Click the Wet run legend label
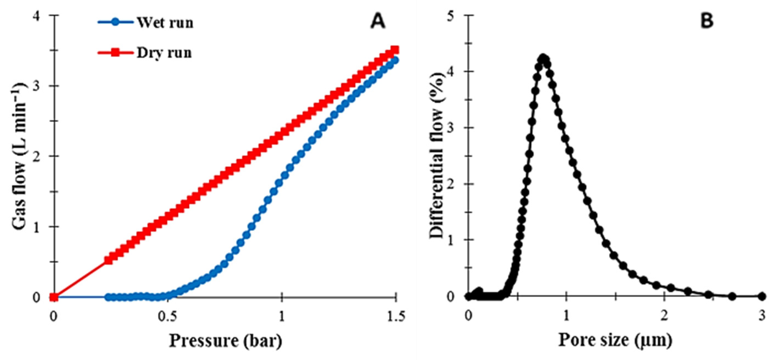165,23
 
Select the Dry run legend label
164,53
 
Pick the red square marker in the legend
115,53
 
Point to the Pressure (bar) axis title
226,341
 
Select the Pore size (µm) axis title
615,340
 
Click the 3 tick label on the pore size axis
762,317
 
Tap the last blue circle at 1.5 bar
395,60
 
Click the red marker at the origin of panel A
54,297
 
